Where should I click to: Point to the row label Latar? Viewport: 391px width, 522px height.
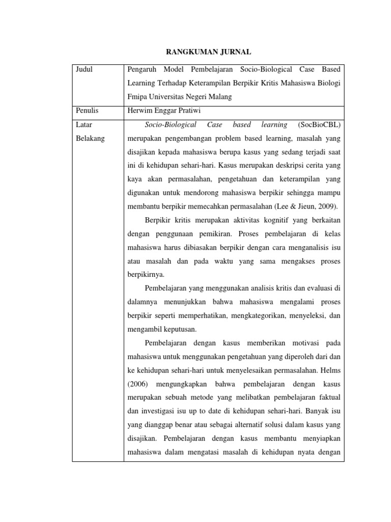(x=83, y=125)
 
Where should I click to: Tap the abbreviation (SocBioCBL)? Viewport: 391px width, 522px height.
(x=319, y=125)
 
